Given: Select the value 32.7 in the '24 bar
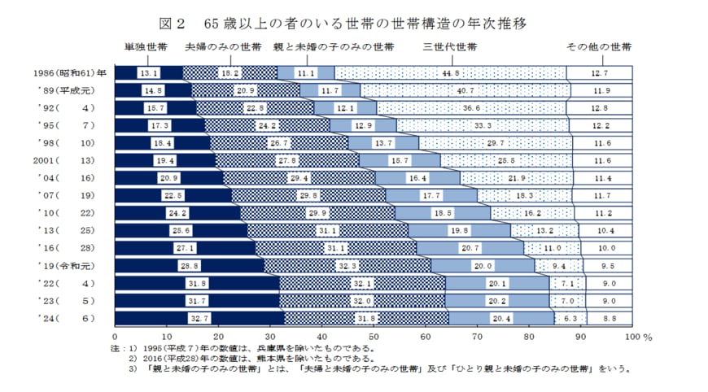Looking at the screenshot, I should click(199, 319).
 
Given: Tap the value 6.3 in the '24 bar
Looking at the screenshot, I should click(570, 319).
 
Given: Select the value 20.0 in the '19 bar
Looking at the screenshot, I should click(483, 266).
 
